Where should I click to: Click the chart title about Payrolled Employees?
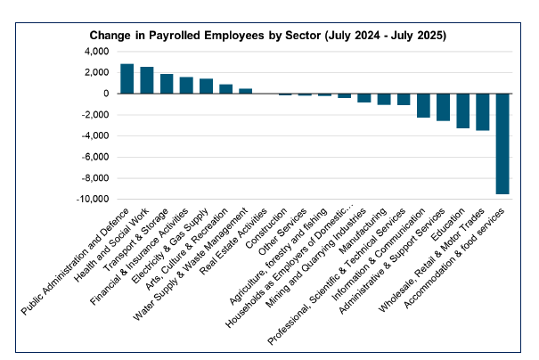coord(268,35)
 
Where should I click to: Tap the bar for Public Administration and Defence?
coord(127,78)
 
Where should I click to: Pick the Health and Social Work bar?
coord(147,80)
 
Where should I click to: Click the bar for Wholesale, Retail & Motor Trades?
coord(483,111)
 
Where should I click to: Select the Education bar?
coord(462,110)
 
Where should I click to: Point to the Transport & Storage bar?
coord(167,84)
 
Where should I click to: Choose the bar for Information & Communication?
coord(423,105)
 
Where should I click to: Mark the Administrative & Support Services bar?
coord(443,107)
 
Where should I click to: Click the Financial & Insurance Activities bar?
coord(186,86)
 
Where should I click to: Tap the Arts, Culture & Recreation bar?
coord(225,89)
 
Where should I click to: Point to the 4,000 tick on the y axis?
coord(95,51)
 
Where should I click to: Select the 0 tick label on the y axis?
coord(105,94)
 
